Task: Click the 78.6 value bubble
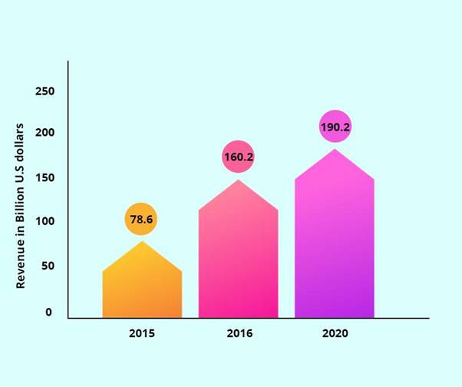141,220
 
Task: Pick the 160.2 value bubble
238,157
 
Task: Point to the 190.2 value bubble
335,127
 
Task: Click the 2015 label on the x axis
142,334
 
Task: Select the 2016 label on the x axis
239,334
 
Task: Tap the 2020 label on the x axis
335,334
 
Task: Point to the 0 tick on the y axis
48,313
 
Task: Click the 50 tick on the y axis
45,266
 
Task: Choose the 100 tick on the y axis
45,223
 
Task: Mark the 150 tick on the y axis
45,178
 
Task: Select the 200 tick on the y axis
45,134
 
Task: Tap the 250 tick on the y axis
45,91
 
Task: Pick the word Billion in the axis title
21,201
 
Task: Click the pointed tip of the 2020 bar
335,150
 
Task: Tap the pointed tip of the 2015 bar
142,243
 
